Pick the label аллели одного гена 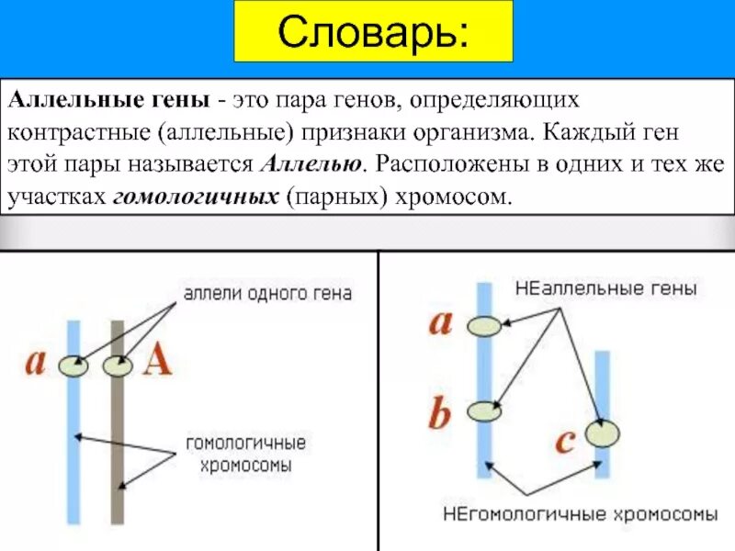pos(267,294)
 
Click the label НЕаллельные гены pos(605,288)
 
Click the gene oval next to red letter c pos(603,433)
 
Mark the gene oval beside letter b pos(483,411)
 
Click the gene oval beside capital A pos(118,366)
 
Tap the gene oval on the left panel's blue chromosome pos(73,366)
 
